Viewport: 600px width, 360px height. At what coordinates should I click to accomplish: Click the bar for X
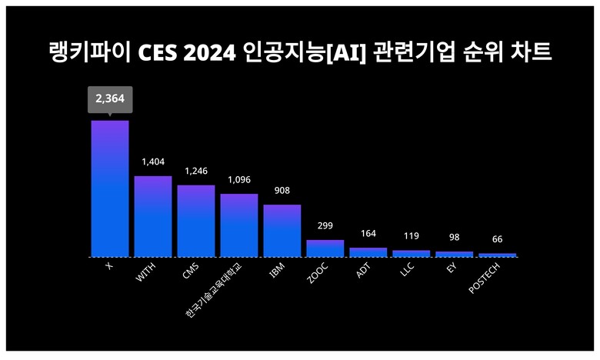[110, 188]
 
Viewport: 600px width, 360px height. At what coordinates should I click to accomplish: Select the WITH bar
[153, 216]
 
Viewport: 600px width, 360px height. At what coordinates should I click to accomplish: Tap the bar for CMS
[196, 221]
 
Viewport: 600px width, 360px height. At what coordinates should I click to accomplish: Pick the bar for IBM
[282, 230]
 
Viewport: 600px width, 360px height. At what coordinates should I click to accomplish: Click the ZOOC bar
[325, 248]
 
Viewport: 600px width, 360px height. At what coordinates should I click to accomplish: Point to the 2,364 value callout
[110, 99]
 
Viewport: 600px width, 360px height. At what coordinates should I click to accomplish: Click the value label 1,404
[153, 162]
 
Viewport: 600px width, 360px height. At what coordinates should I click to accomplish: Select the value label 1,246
[196, 171]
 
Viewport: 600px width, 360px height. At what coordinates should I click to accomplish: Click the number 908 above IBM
[282, 190]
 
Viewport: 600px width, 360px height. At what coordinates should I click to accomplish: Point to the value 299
[325, 226]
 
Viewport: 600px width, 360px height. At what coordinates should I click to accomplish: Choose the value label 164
[368, 234]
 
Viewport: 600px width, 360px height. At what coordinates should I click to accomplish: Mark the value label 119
[411, 237]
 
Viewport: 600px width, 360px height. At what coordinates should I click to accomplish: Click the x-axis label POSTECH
[486, 278]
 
